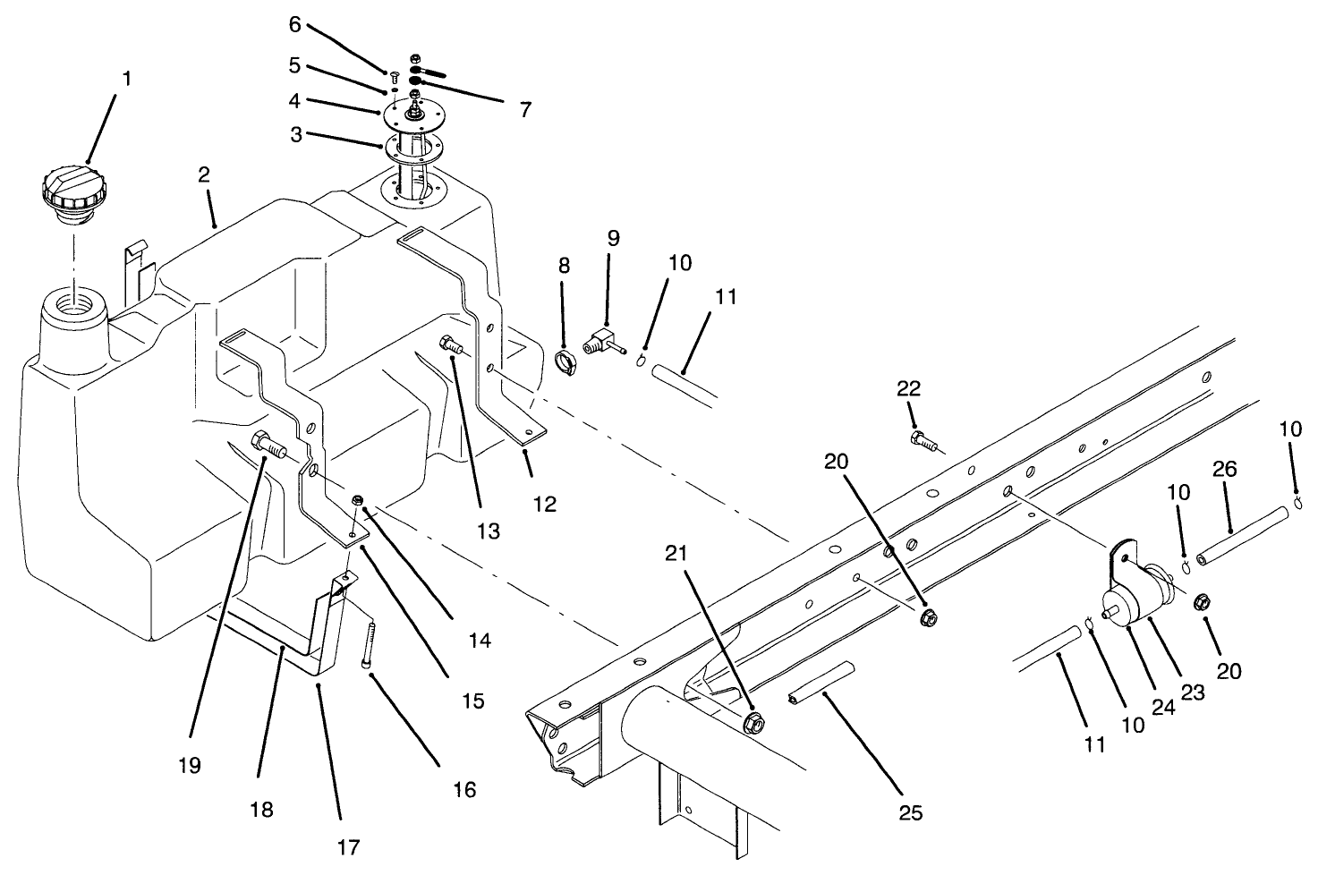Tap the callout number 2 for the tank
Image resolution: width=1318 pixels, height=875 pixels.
204,175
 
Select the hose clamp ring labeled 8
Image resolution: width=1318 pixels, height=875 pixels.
565,363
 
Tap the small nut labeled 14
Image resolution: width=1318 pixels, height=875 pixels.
357,501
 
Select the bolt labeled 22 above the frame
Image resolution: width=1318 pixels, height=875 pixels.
922,438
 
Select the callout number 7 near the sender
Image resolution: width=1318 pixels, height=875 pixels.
524,110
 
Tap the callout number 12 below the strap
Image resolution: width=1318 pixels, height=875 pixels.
544,504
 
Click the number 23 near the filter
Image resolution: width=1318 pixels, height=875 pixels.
1193,691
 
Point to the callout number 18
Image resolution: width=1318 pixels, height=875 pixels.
260,809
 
